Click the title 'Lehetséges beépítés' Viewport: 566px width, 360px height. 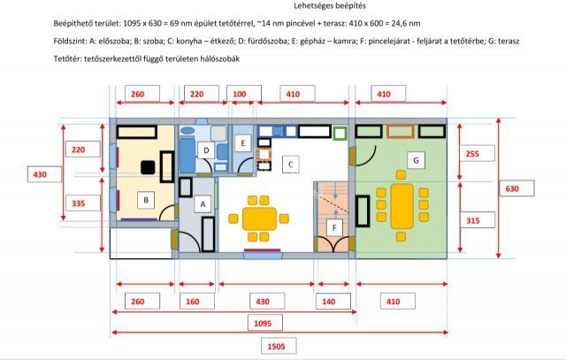click(x=330, y=6)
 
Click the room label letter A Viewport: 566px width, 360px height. click(x=203, y=204)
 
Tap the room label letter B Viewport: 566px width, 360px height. click(x=146, y=200)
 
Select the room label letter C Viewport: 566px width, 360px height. click(x=291, y=165)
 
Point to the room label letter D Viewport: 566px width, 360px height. click(x=206, y=150)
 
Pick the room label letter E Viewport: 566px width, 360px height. click(x=243, y=143)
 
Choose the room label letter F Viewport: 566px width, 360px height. click(x=334, y=227)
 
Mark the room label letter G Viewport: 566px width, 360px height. click(x=416, y=160)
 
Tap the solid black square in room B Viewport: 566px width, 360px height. click(x=148, y=167)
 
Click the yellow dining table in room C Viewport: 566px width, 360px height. click(x=259, y=218)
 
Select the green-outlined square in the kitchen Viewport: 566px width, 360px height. click(x=340, y=134)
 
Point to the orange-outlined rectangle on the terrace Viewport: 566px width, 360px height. click(x=401, y=131)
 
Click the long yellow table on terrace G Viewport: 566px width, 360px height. click(x=402, y=206)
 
